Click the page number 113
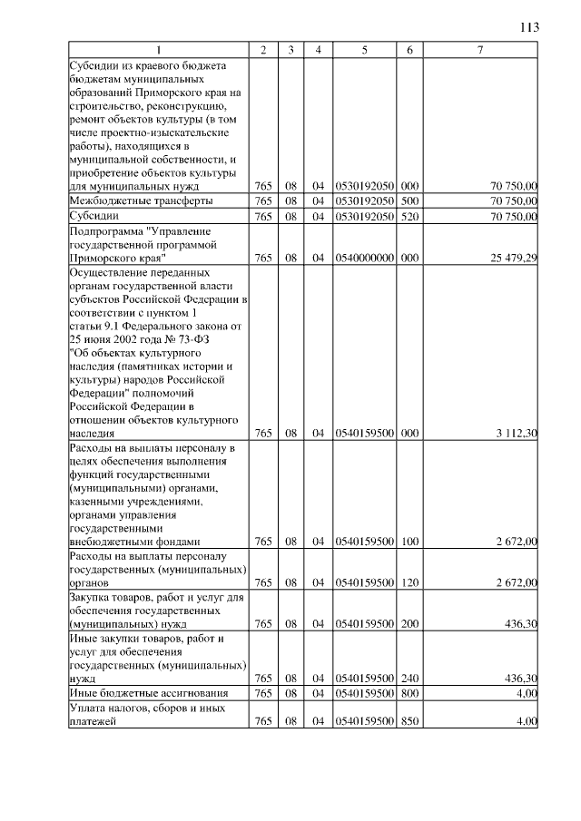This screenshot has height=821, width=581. coord(529,27)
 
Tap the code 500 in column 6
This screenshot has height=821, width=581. coord(409,200)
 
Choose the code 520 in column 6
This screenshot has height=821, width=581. coord(409,217)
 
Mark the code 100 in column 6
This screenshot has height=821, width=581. coord(409,542)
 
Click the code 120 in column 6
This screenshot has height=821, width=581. coord(409,582)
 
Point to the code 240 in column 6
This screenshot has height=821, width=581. coord(409,678)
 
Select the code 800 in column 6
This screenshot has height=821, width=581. coord(409,693)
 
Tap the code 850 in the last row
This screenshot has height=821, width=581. coord(409,722)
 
